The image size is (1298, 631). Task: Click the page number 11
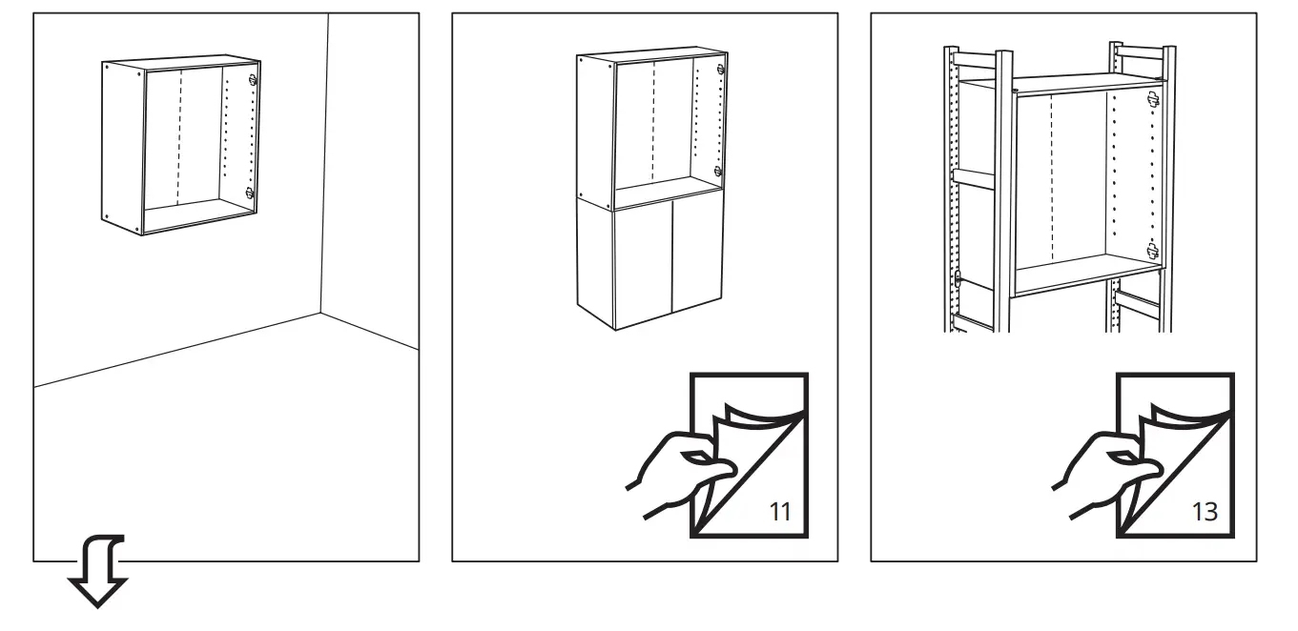coord(780,511)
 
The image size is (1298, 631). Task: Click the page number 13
coord(1205,511)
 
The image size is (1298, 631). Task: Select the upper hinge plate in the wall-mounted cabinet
coord(252,81)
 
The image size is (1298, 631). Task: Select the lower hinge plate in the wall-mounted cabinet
coord(250,193)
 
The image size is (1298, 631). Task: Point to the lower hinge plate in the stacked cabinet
coord(718,173)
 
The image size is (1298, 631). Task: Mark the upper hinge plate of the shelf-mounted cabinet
coord(1153,97)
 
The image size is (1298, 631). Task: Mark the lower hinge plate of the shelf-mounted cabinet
coord(1152,250)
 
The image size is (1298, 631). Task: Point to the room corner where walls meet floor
coord(320,312)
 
